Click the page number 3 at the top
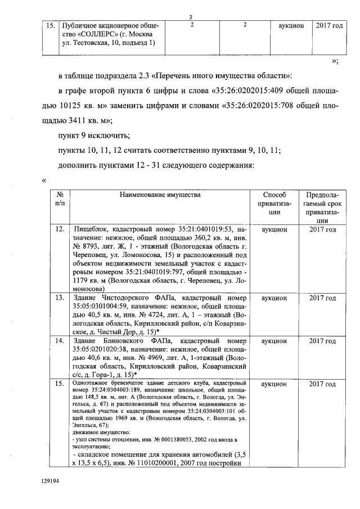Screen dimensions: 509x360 (191, 17)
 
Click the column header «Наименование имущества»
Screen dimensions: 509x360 (160, 194)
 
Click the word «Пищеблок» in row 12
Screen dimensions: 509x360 (92, 230)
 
